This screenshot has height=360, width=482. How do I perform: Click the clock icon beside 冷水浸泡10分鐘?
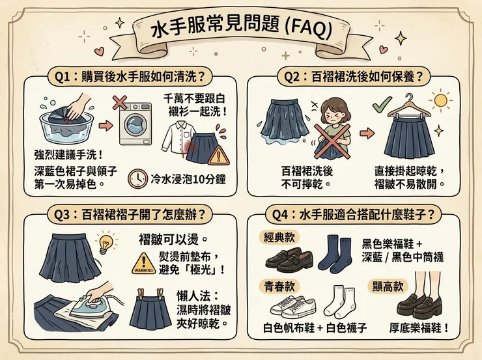tap(137, 178)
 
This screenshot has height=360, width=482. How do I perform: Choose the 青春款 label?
tap(278, 284)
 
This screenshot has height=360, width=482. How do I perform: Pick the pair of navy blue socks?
tap(335, 255)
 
